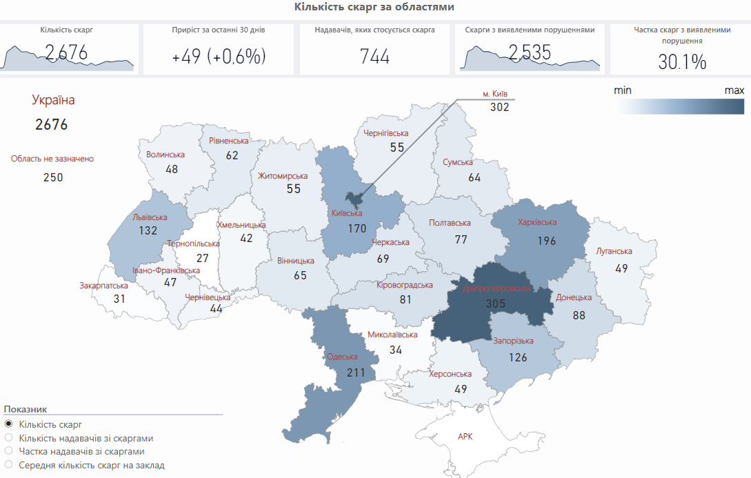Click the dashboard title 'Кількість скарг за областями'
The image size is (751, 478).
point(374,7)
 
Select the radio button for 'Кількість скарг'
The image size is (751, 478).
point(8,424)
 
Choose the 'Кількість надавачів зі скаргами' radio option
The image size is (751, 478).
point(8,438)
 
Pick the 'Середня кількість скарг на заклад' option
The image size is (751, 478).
point(8,466)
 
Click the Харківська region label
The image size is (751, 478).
point(537,223)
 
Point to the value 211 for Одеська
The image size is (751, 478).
point(356,373)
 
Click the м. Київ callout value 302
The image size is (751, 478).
point(499,107)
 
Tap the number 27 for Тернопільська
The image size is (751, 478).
point(202,258)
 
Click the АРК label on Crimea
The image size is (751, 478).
point(465,437)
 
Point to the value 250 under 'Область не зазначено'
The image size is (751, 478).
point(53,177)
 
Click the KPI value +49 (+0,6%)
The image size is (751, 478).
point(219,57)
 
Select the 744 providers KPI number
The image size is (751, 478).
point(374,57)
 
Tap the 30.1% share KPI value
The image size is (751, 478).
point(682,62)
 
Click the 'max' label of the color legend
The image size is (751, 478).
point(734,90)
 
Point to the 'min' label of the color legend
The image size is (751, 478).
point(623,90)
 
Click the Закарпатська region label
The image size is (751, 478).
point(103,285)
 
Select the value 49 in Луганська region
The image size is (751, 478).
point(621,268)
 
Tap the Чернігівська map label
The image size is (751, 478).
point(386,133)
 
